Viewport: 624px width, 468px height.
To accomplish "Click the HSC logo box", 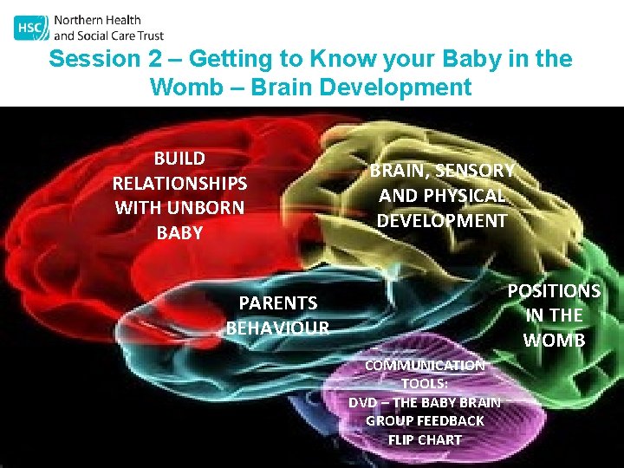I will [x=31, y=28].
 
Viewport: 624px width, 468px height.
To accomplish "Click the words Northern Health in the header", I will [x=97, y=20].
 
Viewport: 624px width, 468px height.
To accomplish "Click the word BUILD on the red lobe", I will [x=179, y=159].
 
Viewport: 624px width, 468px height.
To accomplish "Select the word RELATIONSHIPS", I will [x=179, y=184].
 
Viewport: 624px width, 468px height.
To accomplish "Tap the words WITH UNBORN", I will [x=179, y=208].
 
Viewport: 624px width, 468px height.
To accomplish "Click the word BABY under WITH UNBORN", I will [x=179, y=233].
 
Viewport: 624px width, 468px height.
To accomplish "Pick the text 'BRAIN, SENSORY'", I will [x=442, y=171].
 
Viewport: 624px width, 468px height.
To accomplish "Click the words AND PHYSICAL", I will [x=442, y=196].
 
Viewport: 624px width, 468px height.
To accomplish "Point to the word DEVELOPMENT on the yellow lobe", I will [x=442, y=221].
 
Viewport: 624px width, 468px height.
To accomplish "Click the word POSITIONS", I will [x=554, y=290].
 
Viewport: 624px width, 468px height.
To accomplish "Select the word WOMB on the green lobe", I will [x=555, y=340].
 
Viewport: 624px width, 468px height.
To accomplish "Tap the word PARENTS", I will [x=278, y=302].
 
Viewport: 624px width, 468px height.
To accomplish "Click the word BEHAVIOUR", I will [x=278, y=328].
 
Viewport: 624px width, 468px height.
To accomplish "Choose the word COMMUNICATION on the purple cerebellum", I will [x=425, y=366].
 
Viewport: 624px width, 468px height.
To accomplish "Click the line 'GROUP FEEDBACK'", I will [x=425, y=420].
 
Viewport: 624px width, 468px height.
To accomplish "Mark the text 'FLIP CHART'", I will [x=425, y=439].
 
